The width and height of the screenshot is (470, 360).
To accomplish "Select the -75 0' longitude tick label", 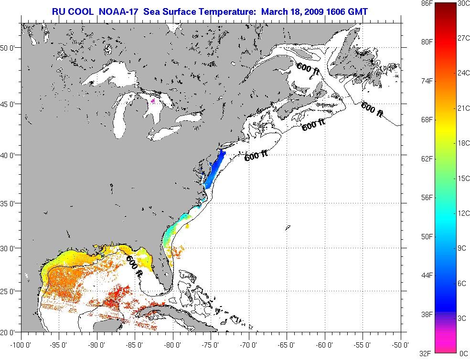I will [x=211, y=344].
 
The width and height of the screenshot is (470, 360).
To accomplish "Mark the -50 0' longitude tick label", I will [x=400, y=344].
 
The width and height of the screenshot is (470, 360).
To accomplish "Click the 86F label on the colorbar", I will [x=427, y=3].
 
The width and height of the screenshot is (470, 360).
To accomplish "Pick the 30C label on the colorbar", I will [x=463, y=3].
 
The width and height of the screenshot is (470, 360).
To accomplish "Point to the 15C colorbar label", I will [x=463, y=178].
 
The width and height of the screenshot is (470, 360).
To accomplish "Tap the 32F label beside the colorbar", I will [x=427, y=353].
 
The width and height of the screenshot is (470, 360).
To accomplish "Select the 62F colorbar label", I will [x=427, y=159].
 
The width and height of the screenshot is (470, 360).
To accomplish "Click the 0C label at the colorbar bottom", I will [x=463, y=353].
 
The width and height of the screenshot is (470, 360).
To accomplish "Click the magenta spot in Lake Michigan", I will [x=153, y=101].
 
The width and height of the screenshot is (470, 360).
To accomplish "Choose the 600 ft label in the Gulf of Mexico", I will [x=135, y=266].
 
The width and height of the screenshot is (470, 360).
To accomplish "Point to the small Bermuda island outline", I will [x=288, y=228].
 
